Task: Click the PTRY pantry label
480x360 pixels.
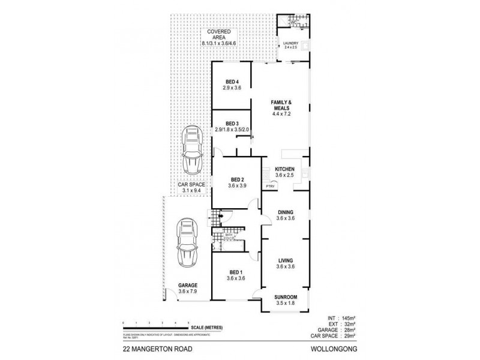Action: point(270,187)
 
